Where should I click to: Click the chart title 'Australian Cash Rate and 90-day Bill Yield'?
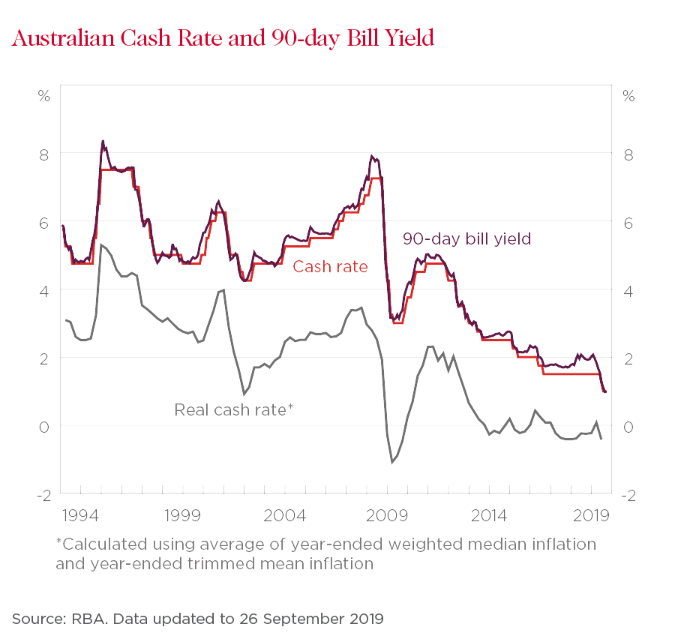223,38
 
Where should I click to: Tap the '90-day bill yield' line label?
466,238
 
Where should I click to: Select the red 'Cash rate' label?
330,266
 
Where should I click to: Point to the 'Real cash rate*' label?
233,409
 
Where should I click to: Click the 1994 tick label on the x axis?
81,517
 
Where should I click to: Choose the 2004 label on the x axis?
286,517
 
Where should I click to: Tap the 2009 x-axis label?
388,517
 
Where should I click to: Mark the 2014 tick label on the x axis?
489,517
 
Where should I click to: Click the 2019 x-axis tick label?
590,517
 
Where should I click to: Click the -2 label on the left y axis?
42,495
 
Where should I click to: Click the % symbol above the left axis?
44,97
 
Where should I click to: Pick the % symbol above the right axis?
628,97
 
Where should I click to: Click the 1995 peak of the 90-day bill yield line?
102,141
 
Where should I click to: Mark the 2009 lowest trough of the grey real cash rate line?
391,462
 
